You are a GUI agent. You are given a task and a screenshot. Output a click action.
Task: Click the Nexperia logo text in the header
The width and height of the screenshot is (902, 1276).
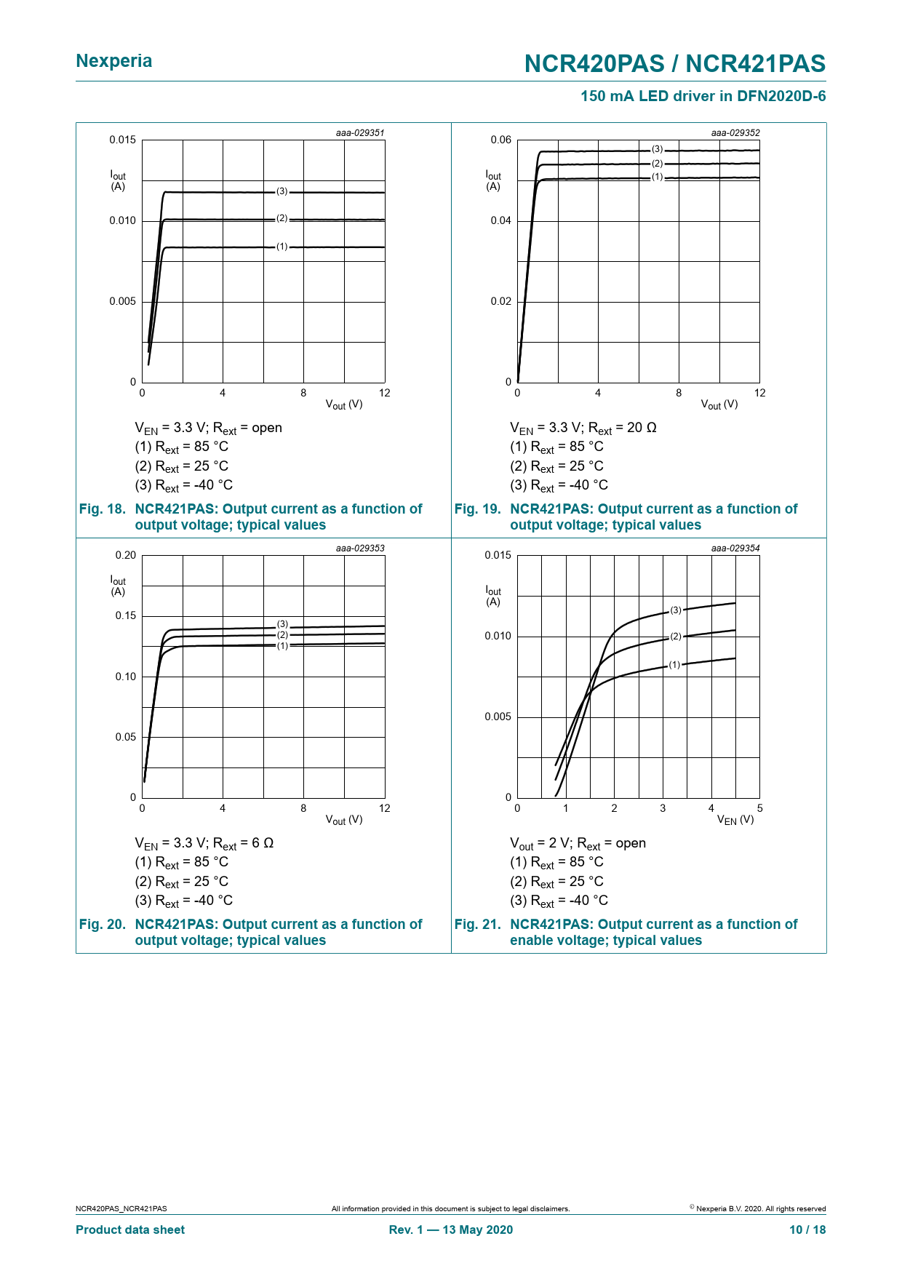click(114, 61)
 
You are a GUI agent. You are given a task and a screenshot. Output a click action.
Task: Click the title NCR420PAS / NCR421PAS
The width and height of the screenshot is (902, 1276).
click(674, 64)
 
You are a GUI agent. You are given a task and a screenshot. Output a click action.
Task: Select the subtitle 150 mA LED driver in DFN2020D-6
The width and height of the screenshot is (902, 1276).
click(703, 96)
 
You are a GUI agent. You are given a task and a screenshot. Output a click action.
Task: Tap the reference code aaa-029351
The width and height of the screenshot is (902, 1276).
click(360, 133)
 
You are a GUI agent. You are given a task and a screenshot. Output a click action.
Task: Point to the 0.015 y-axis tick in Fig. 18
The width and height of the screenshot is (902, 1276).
click(122, 140)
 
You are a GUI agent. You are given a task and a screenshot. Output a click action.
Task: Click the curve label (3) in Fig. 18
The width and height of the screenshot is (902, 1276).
click(282, 191)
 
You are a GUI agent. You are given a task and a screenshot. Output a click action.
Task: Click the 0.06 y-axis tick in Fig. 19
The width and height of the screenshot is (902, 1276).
click(500, 140)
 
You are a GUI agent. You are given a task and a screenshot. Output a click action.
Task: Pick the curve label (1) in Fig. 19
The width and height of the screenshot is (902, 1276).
click(658, 177)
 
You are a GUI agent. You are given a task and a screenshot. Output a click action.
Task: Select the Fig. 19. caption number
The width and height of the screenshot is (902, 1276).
click(477, 509)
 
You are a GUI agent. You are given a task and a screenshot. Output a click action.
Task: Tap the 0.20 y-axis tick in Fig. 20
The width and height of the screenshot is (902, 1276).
click(125, 555)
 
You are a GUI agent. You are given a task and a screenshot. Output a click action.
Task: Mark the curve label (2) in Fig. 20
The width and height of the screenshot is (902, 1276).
click(282, 635)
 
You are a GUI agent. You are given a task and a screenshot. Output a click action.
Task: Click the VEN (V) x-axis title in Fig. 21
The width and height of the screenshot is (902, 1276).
click(735, 820)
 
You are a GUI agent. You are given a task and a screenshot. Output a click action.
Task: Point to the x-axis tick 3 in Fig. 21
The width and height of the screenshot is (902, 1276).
click(663, 808)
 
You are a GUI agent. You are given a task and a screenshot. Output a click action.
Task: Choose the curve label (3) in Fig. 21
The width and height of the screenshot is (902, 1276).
click(676, 610)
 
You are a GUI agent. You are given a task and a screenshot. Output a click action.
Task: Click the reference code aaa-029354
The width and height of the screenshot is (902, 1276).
click(735, 549)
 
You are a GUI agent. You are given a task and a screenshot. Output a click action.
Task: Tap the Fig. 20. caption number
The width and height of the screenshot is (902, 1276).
click(102, 925)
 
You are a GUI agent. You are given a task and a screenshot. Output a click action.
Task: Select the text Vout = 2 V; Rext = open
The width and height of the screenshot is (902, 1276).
click(578, 843)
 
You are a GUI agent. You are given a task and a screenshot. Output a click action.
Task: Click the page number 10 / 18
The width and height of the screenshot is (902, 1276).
click(807, 1229)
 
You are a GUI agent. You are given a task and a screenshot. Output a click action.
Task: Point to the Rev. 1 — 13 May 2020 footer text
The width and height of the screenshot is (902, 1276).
click(450, 1229)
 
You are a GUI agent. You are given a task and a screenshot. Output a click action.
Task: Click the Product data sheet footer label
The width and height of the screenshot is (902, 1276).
click(130, 1229)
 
